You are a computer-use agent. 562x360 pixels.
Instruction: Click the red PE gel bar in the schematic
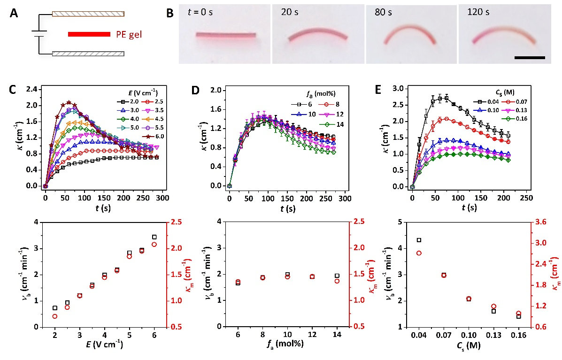click(89, 34)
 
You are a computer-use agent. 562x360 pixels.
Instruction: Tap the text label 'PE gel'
click(130, 34)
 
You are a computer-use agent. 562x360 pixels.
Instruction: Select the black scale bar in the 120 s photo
click(530, 58)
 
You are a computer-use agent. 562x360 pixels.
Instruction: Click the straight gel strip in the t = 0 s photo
click(226, 35)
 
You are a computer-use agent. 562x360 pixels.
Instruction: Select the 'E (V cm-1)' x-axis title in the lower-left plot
click(101, 345)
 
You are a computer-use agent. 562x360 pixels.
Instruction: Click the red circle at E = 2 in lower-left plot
click(55, 316)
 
